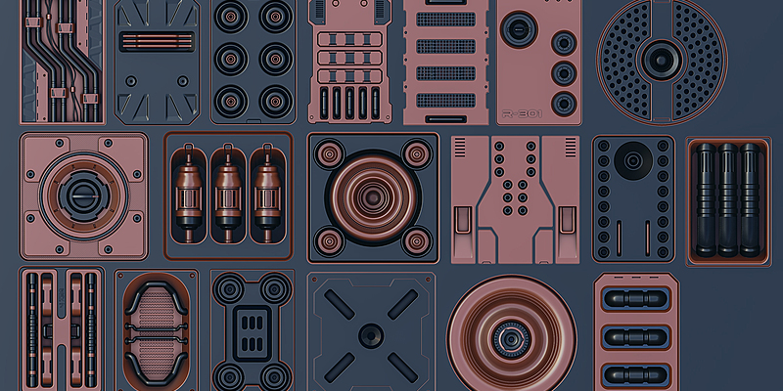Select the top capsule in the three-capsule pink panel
[635, 298]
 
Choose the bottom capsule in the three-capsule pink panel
[635, 372]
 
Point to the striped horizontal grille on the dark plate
[156, 41]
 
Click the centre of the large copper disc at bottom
[509, 337]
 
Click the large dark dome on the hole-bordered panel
[631, 158]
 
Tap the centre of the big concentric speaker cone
[371, 195]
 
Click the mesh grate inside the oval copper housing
[157, 327]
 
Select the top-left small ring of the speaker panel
[324, 151]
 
